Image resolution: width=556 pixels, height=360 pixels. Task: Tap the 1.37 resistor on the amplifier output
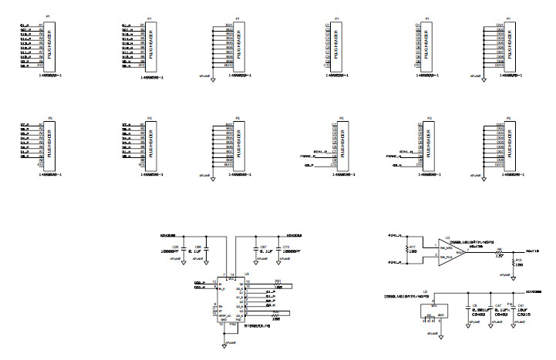coord(499,252)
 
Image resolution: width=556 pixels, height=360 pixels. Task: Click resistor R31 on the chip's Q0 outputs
coord(278,284)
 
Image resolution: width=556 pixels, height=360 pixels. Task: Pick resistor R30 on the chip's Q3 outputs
coord(278,312)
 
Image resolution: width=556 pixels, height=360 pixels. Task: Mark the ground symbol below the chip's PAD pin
coord(224,346)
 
